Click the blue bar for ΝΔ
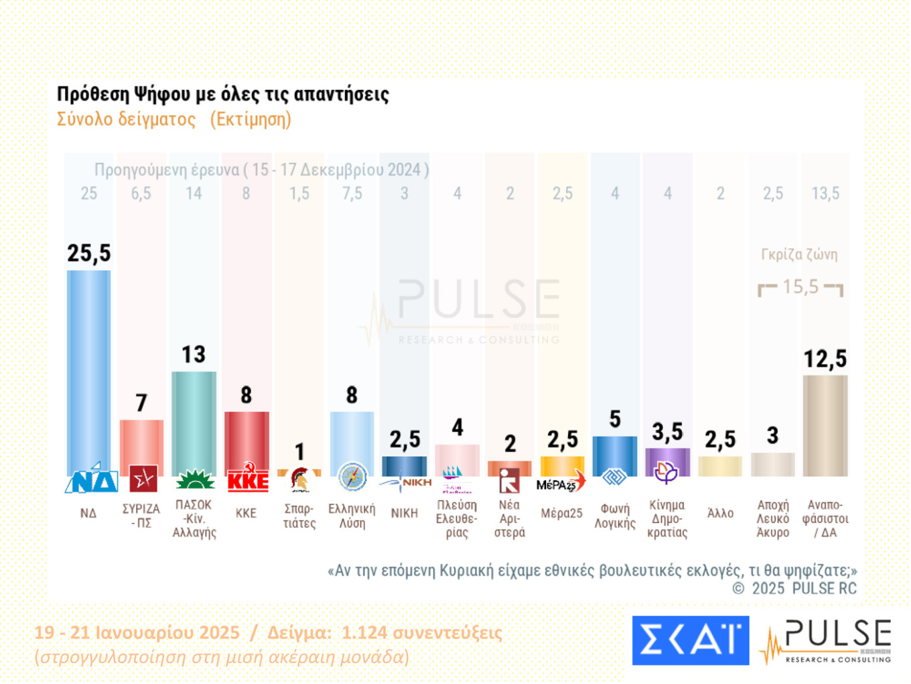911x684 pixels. [88, 369]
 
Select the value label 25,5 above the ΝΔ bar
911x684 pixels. [88, 253]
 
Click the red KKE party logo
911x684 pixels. [247, 479]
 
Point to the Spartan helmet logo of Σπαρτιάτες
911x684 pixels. [299, 479]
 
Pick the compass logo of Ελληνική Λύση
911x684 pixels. [352, 477]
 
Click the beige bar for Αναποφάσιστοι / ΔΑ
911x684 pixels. [825, 426]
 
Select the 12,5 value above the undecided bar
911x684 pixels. [825, 359]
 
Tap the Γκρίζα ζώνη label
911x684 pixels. [799, 255]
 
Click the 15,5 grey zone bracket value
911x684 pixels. [800, 287]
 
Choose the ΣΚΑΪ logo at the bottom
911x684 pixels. [690, 640]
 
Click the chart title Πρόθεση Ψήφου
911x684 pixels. [222, 94]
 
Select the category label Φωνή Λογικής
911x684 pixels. [615, 516]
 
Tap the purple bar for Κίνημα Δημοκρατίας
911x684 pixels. [667, 461]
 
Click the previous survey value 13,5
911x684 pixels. [825, 194]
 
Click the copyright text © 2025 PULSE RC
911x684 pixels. [794, 589]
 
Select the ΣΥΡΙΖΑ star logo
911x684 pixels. [143, 479]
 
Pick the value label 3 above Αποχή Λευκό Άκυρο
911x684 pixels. [772, 436]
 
